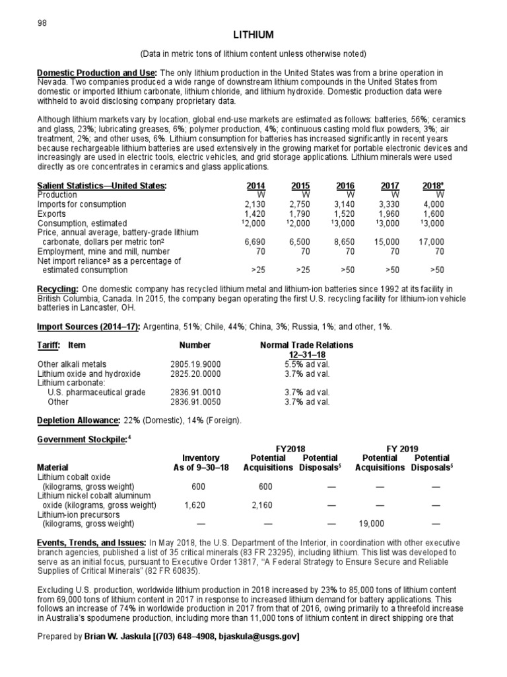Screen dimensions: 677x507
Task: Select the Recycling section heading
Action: [58, 289]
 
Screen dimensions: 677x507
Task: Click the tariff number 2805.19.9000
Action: [195, 364]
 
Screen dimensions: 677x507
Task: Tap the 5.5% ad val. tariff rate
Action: [306, 364]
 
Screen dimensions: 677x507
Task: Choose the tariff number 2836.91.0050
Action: [195, 401]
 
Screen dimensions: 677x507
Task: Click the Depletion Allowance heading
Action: [78, 420]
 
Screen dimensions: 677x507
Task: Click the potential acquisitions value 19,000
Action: [371, 524]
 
